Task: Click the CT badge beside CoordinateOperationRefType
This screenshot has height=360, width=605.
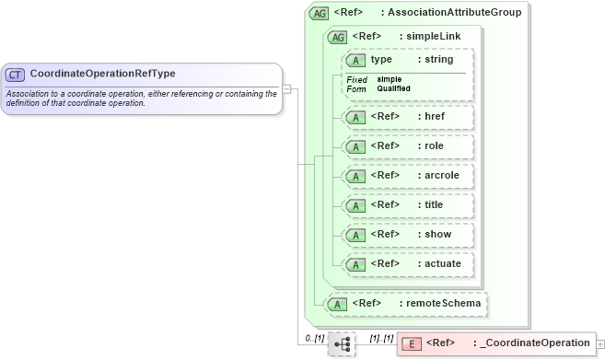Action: click(16, 74)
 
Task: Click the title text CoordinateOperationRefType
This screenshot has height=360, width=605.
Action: click(102, 74)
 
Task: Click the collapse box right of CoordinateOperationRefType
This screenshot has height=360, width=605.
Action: click(287, 89)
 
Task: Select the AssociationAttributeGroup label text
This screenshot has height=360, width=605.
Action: click(454, 13)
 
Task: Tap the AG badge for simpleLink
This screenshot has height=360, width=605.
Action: click(338, 37)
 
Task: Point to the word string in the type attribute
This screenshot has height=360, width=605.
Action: click(437, 60)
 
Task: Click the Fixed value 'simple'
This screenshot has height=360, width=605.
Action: click(389, 79)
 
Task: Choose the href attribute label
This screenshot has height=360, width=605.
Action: click(431, 118)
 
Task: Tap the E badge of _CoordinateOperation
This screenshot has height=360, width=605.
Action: click(413, 343)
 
